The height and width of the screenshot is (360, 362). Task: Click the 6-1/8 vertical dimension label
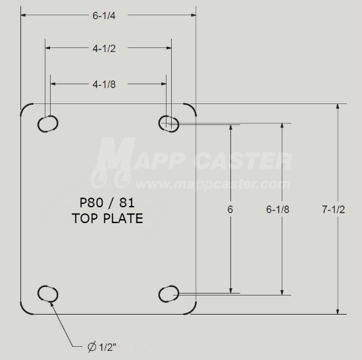point(278,209)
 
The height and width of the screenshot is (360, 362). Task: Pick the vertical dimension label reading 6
point(230,209)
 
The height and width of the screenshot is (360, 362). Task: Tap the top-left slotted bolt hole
point(48,124)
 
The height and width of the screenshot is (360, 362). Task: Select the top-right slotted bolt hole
point(169,123)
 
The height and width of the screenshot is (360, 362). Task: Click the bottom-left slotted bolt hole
point(48,293)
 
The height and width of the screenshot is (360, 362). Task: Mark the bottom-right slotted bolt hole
point(169,293)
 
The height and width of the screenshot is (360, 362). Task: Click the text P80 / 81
point(107,204)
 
